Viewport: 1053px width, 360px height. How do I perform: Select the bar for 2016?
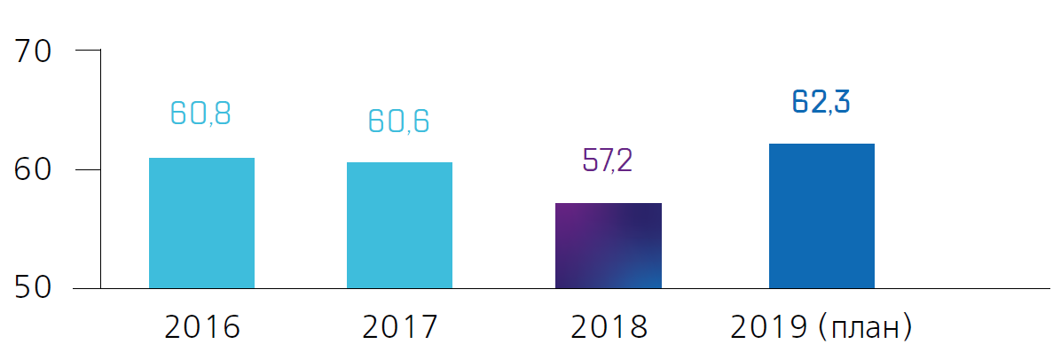(x=201, y=223)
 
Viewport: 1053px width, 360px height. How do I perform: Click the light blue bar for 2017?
(x=399, y=225)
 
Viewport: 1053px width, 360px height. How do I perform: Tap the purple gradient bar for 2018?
(x=609, y=246)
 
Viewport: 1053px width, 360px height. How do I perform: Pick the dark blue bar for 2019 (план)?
(x=821, y=215)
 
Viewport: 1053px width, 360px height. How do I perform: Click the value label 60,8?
(x=200, y=113)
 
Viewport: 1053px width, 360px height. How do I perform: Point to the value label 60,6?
(x=398, y=121)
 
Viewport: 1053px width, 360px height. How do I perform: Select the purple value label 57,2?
(x=608, y=161)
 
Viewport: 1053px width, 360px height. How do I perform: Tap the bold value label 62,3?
(x=821, y=102)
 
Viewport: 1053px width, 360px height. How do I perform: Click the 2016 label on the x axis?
(x=202, y=327)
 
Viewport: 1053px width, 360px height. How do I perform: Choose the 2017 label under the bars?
(x=400, y=327)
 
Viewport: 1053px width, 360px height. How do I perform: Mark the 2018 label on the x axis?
(x=609, y=327)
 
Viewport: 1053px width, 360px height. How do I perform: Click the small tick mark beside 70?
(x=88, y=51)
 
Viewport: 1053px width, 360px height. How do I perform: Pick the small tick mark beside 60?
(x=88, y=169)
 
